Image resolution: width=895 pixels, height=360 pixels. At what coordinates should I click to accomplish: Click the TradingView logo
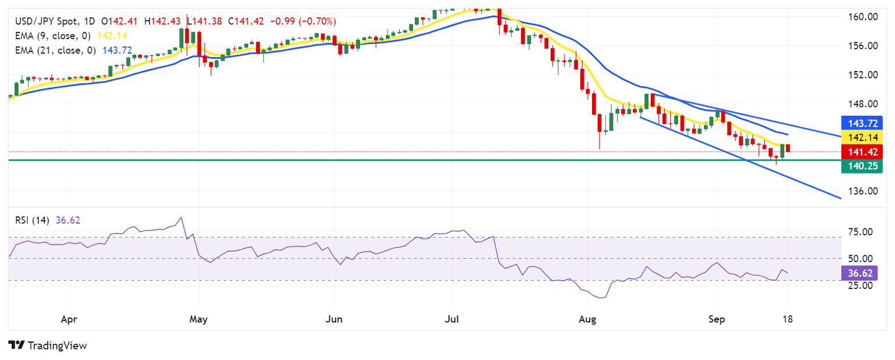click(48, 345)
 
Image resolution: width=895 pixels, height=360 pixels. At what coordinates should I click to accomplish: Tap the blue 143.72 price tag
click(862, 123)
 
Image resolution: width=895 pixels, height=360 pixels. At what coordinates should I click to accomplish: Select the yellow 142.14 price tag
click(862, 137)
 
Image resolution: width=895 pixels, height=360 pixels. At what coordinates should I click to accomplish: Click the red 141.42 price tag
click(862, 152)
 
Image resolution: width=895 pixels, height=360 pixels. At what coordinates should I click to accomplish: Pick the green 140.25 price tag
click(862, 167)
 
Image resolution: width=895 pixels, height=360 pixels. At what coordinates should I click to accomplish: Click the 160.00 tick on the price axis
click(863, 16)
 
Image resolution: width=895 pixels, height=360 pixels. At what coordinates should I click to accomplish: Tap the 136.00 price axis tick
click(863, 191)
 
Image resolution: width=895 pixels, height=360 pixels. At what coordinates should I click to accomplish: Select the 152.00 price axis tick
click(863, 75)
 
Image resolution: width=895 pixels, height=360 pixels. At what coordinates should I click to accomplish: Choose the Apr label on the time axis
click(69, 319)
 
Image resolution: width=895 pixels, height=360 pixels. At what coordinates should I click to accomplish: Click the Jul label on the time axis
click(452, 319)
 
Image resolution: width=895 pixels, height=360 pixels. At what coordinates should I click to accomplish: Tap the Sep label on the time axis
click(717, 319)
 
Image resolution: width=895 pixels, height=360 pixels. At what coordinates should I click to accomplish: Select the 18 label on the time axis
click(788, 319)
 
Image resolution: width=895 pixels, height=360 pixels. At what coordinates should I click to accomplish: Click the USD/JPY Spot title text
click(47, 21)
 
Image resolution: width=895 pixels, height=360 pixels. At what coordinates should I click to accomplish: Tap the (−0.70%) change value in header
click(317, 21)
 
